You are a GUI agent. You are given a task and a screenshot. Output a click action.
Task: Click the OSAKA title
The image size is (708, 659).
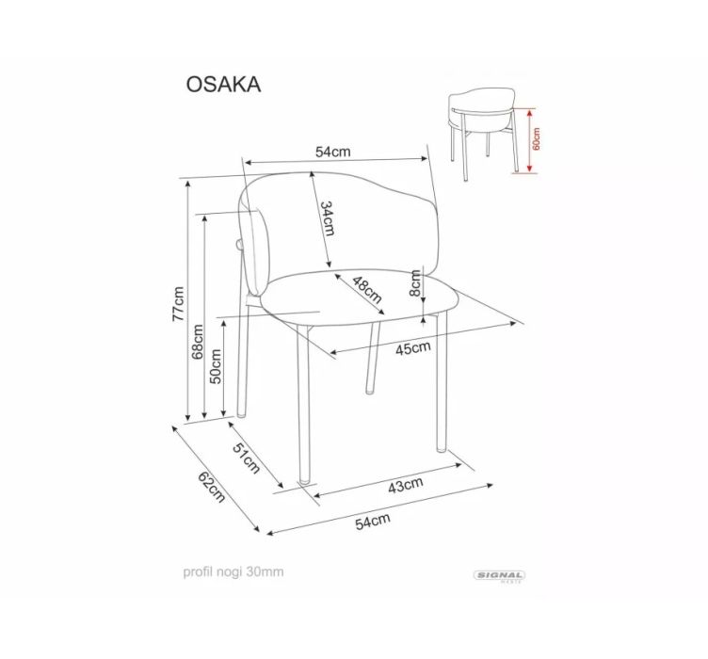click(x=223, y=85)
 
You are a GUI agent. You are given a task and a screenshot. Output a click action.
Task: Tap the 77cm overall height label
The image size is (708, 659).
click(x=179, y=304)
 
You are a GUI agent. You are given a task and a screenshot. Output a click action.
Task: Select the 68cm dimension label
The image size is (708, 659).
click(x=198, y=342)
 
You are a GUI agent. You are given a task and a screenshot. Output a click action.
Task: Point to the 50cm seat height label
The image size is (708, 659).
click(x=216, y=366)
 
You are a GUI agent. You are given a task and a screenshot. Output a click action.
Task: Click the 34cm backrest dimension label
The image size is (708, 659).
click(x=328, y=218)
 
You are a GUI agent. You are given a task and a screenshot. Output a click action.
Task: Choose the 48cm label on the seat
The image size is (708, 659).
click(x=367, y=290)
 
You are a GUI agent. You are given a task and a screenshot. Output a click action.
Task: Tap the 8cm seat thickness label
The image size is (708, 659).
click(x=415, y=283)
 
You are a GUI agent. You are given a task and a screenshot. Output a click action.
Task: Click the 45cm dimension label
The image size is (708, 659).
click(x=413, y=348)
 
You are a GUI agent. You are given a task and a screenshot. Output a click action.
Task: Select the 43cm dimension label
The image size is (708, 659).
click(x=406, y=485)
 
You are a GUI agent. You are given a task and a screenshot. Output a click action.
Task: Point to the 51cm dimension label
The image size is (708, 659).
click(x=247, y=458)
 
